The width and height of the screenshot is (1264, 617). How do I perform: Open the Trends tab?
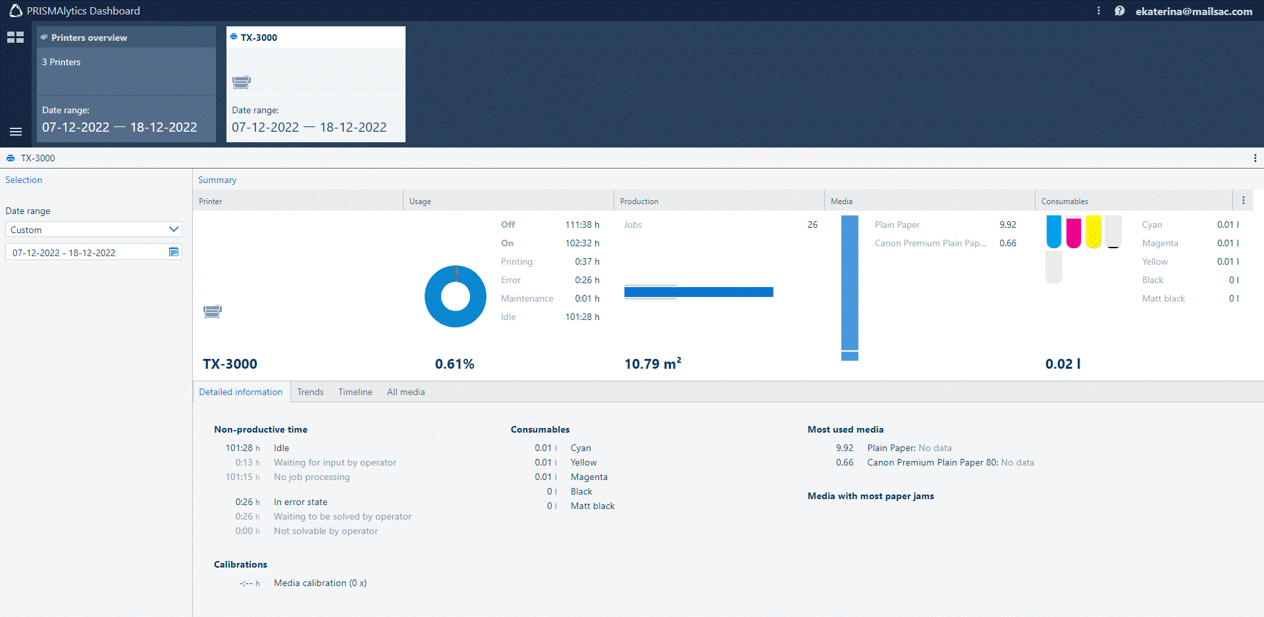[310, 392]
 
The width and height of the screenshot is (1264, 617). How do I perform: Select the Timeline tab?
[355, 392]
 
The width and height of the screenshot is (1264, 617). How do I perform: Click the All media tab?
[406, 392]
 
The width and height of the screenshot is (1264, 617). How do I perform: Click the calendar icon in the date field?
[174, 252]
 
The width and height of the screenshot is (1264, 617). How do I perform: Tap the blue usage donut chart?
[456, 296]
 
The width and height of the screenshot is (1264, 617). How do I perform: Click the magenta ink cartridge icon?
[1074, 232]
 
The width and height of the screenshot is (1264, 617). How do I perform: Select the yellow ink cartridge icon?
[1093, 232]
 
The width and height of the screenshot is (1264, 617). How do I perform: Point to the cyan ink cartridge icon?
[1054, 232]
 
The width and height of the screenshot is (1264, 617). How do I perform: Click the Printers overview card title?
[89, 38]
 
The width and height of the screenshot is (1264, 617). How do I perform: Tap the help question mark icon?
[1119, 11]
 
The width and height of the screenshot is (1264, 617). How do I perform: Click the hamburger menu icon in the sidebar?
[16, 132]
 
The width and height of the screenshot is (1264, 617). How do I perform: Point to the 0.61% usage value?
[454, 364]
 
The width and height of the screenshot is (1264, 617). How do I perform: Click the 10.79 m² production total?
[652, 364]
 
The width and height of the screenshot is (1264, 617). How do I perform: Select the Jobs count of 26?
[812, 225]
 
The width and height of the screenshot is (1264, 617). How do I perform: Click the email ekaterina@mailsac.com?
[1194, 11]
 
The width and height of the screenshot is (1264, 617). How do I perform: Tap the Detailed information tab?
[241, 392]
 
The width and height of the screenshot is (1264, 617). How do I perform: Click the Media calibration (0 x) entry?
[320, 583]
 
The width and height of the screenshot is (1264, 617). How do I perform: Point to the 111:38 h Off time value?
[582, 225]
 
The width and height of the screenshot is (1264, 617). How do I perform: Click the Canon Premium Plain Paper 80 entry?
[933, 462]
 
